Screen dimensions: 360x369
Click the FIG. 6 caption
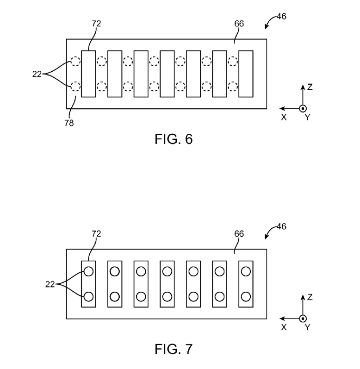174,139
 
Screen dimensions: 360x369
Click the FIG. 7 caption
174,349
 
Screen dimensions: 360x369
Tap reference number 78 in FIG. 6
69,123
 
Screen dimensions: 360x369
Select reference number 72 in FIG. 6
96,24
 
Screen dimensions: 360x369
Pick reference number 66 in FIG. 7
239,234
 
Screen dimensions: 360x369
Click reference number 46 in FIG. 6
281,17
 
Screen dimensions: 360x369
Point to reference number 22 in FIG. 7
50,284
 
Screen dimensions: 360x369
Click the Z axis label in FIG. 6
310,87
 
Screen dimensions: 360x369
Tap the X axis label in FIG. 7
284,327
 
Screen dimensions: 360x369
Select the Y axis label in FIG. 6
307,117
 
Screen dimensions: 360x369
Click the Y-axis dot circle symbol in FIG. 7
303,319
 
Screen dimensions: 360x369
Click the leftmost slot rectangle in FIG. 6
89,74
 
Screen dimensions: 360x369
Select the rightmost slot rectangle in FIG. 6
246,74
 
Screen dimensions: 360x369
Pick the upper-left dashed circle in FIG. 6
75,61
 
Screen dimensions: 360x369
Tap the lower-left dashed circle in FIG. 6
75,87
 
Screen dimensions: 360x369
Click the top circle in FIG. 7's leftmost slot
89,271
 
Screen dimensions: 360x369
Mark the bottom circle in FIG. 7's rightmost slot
246,297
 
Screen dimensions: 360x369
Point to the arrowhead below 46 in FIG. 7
267,237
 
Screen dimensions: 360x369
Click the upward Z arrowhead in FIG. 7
303,297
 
